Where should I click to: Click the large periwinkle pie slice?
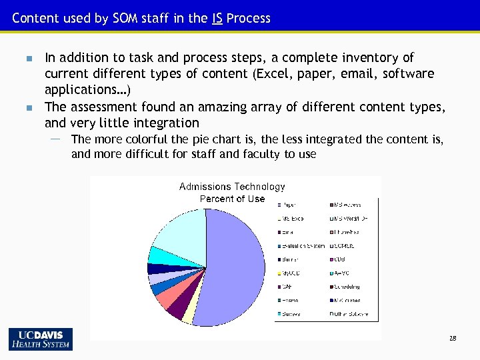pos(233,267)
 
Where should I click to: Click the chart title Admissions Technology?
pos(232,187)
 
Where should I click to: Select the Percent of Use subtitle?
pos(232,199)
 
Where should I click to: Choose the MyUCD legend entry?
pos(291,273)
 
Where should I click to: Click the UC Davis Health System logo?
pos(41,339)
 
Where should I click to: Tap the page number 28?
pos(453,339)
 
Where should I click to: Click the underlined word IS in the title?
pos(217,18)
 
